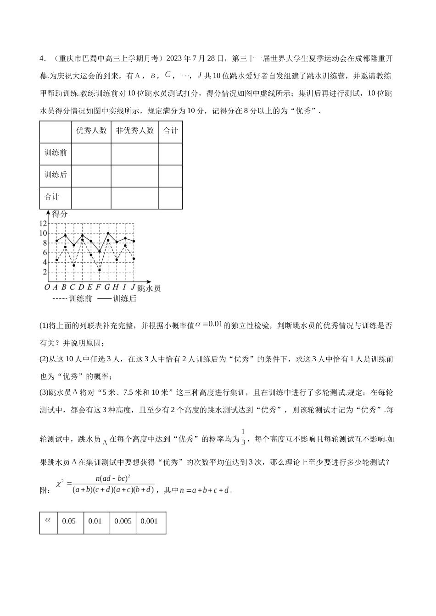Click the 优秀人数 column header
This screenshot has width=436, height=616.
[91, 131]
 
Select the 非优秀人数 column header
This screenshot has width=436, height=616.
[134, 131]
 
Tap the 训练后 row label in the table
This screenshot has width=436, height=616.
[56, 175]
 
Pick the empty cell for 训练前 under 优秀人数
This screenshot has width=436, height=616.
[91, 153]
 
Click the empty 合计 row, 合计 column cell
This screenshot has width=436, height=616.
[170, 198]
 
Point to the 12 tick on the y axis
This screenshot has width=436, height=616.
[43, 224]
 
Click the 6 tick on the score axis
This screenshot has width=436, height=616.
[45, 253]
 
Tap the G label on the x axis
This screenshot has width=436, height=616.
[107, 287]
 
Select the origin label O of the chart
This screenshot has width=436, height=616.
[47, 287]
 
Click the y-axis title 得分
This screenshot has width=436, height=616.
[60, 214]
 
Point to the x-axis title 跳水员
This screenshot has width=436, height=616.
[149, 288]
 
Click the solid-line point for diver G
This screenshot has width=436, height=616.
[108, 233]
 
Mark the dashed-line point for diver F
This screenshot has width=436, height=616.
[99, 270]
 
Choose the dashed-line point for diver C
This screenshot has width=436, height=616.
[73, 265]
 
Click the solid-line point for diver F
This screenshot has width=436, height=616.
[99, 251]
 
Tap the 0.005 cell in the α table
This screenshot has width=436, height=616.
[123, 521]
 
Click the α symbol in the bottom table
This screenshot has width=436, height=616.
[48, 520]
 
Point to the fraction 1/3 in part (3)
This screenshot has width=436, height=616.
[243, 436]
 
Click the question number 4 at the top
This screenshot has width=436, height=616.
[42, 58]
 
